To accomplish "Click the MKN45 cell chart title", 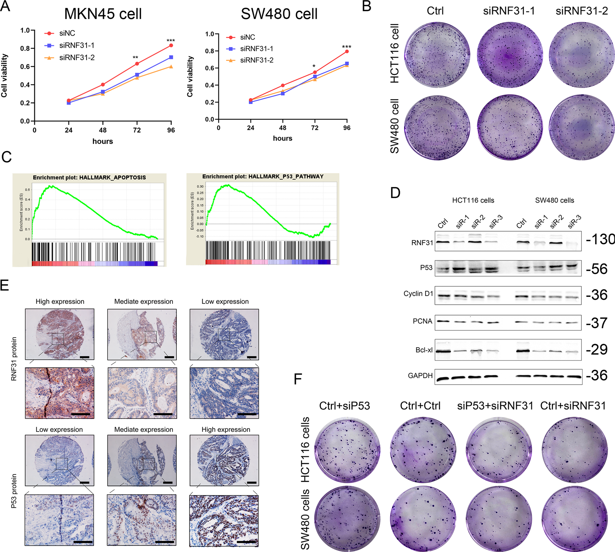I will point(103,14).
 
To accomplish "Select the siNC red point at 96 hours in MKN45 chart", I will point(171,45).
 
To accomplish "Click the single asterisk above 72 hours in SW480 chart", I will point(314,66).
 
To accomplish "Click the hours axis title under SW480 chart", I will point(282,138).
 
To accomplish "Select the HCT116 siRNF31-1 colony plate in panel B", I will point(509,55).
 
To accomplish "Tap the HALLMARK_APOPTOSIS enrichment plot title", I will point(89,177).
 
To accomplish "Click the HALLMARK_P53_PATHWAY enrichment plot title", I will point(263,177).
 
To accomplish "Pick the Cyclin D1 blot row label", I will point(418,294).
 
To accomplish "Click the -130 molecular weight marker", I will point(600,239).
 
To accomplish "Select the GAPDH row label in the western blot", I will point(420,376).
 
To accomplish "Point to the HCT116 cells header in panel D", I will point(473,201).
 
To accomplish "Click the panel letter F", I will point(298,379).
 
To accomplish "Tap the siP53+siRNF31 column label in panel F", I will point(495,406).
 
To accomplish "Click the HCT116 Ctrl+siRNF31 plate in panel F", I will point(574,450).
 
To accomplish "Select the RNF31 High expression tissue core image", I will point(60,334).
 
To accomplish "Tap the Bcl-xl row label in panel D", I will point(424,350).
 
